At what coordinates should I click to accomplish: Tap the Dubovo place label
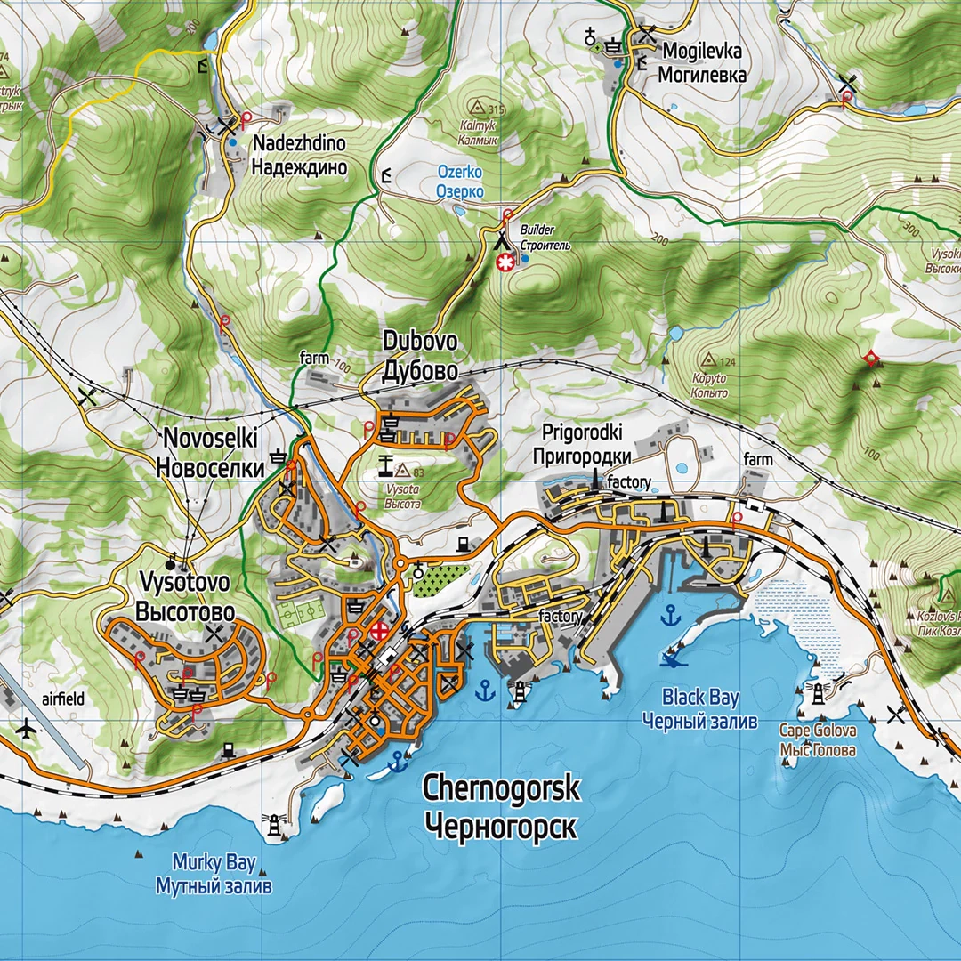(420, 356)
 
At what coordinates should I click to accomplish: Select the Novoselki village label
(211, 453)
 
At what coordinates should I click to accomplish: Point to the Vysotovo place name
(185, 597)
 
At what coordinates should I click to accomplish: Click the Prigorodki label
(582, 445)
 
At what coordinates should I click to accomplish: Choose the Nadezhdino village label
(298, 154)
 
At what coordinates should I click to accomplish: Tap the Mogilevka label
(701, 63)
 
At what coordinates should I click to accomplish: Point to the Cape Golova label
(817, 740)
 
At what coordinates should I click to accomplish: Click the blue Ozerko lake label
(460, 182)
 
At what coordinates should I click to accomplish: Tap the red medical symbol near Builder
(506, 262)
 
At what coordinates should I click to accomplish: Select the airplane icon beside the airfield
(26, 730)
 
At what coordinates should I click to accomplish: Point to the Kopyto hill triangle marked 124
(709, 360)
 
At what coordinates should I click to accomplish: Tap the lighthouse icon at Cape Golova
(815, 692)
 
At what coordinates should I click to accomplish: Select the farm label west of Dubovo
(313, 358)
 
